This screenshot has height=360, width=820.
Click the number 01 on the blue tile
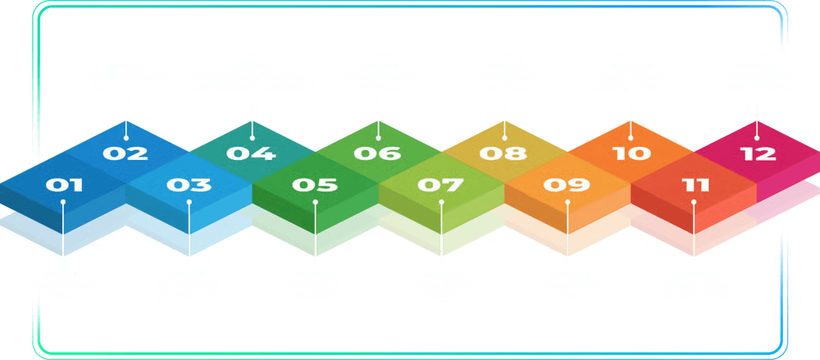(64, 185)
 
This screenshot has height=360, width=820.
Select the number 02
(125, 153)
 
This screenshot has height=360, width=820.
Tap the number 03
(189, 185)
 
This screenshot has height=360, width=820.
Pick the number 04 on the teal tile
(251, 153)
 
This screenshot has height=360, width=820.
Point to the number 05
(315, 185)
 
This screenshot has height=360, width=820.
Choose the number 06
(377, 153)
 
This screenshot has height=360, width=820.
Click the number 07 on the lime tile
(440, 185)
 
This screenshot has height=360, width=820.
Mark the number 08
(503, 153)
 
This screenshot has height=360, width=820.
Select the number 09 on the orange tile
(567, 185)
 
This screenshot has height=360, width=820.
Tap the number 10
(631, 153)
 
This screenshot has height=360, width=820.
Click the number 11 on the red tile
(695, 185)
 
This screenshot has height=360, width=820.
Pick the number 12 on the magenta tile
(758, 153)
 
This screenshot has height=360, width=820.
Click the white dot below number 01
(63, 202)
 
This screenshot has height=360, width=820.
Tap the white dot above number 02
(126, 138)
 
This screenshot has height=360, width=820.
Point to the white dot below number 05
(316, 202)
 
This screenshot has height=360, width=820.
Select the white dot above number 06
(378, 138)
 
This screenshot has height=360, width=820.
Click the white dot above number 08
(504, 138)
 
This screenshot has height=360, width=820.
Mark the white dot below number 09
(567, 202)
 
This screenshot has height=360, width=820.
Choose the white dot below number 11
(694, 202)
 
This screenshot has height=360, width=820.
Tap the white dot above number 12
(757, 138)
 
